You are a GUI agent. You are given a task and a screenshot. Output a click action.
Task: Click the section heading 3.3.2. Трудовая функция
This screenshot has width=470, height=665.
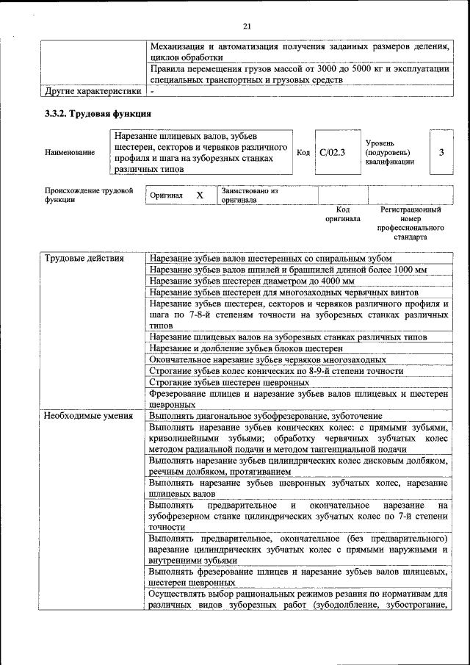(98, 114)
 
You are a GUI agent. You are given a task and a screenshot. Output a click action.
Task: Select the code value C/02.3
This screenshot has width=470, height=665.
(332, 152)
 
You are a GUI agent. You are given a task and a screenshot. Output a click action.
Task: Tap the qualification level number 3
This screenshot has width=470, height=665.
(441, 152)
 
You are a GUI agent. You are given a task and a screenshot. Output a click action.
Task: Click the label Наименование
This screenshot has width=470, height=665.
(69, 152)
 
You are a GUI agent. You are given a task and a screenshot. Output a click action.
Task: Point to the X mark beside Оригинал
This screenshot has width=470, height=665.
(199, 195)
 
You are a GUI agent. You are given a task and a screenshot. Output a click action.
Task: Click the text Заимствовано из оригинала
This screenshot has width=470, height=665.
(250, 195)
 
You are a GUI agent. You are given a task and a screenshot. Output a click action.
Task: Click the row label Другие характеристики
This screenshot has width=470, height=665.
(93, 92)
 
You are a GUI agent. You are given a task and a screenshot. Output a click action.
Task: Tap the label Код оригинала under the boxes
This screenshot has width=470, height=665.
(342, 214)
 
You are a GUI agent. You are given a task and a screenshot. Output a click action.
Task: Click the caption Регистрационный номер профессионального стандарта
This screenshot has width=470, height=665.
(411, 223)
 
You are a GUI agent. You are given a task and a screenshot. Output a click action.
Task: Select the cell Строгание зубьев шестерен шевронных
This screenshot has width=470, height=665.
(228, 383)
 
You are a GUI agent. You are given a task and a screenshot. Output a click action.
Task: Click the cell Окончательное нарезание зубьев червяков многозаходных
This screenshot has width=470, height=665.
(267, 360)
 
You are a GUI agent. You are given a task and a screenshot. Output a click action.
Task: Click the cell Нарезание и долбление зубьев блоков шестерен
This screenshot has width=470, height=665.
(245, 348)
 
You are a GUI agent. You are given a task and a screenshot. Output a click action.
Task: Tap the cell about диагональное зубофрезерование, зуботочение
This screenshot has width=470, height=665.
(270, 416)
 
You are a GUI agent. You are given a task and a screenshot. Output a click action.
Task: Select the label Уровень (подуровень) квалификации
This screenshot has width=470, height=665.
(389, 152)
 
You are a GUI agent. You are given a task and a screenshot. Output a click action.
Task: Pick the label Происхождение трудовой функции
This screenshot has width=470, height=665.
(88, 195)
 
